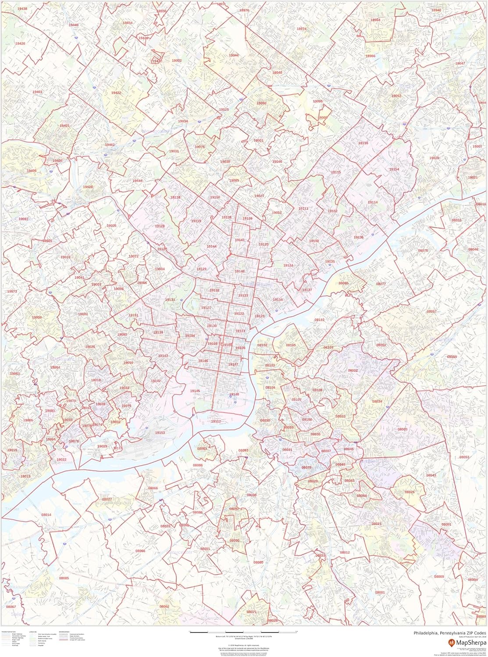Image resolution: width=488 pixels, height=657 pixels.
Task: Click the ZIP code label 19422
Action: click(116, 93)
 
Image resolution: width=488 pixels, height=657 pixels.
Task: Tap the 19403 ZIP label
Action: click(37, 92)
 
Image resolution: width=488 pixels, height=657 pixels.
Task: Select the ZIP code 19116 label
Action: click(363, 143)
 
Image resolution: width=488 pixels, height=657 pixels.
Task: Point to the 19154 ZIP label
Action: click(394, 169)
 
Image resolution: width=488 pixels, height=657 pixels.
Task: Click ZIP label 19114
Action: click(373, 202)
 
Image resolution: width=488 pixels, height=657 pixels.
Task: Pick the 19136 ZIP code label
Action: click(358, 237)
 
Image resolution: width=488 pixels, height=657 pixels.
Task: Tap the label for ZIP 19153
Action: click(160, 432)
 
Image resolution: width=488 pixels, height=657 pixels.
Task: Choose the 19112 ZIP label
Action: click(216, 421)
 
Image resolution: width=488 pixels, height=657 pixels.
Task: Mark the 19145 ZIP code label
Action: click(195, 391)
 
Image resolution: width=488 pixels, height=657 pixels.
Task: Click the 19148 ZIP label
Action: click(234, 394)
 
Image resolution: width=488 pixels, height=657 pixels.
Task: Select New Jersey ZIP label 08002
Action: click(353, 371)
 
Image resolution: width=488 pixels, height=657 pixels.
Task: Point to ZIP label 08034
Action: click(377, 401)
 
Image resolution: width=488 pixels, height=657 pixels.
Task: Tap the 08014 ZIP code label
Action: click(46, 515)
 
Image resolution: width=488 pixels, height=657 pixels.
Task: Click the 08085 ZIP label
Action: click(64, 578)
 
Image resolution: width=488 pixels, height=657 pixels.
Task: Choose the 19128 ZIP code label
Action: click(160, 226)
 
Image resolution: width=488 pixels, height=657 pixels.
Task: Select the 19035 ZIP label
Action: click(111, 226)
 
